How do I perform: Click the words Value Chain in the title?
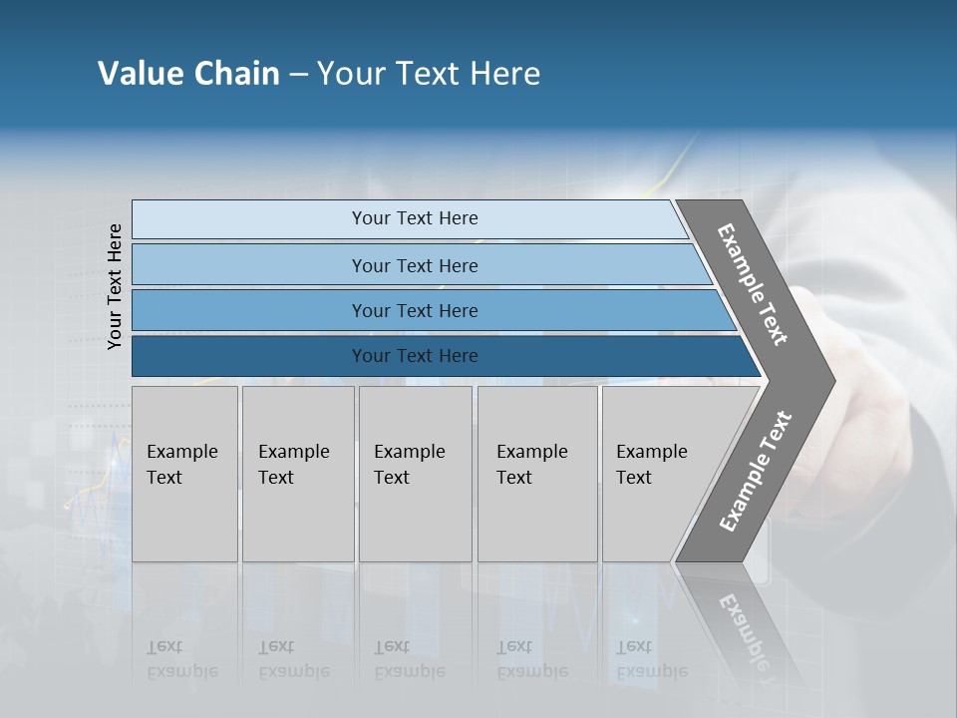pyautogui.click(x=188, y=74)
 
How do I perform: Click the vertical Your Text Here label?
pyautogui.click(x=116, y=287)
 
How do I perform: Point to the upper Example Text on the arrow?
pyautogui.click(x=753, y=284)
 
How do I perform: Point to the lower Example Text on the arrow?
pyautogui.click(x=756, y=471)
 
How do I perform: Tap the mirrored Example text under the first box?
pyautogui.click(x=181, y=659)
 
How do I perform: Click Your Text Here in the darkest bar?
pyautogui.click(x=415, y=356)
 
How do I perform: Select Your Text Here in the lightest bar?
pyautogui.click(x=415, y=218)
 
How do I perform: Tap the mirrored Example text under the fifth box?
pyautogui.click(x=651, y=659)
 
